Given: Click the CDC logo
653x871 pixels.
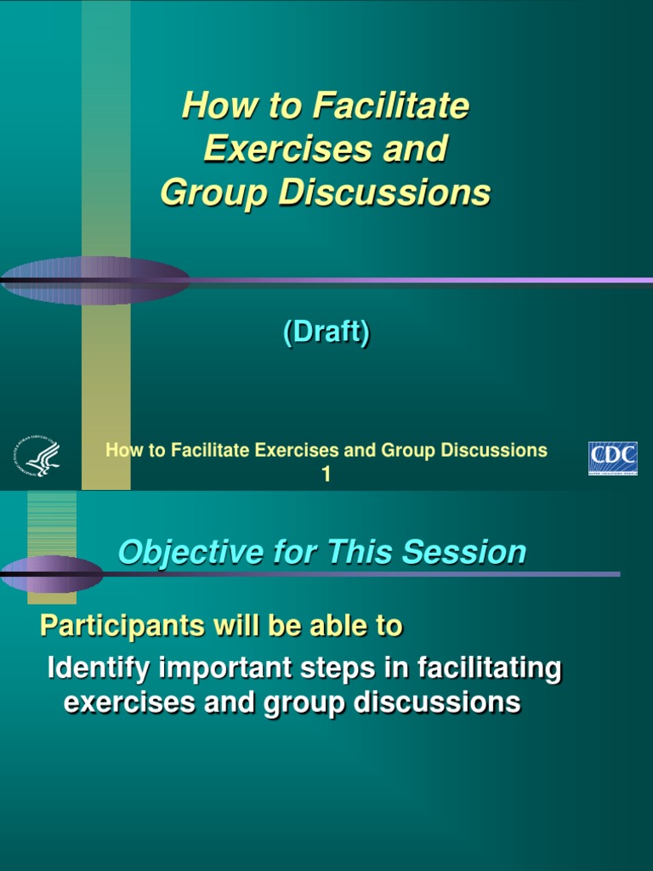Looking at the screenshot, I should tap(612, 458).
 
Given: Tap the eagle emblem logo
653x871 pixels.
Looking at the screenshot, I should tap(37, 458).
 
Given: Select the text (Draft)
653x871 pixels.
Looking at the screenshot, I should tap(326, 333).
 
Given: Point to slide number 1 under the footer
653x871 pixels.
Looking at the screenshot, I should tap(326, 475).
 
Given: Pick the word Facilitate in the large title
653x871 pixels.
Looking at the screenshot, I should tap(391, 106).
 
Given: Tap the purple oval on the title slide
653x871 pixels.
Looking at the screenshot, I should tap(94, 280).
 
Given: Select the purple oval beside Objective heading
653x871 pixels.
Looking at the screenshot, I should tap(51, 574).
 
